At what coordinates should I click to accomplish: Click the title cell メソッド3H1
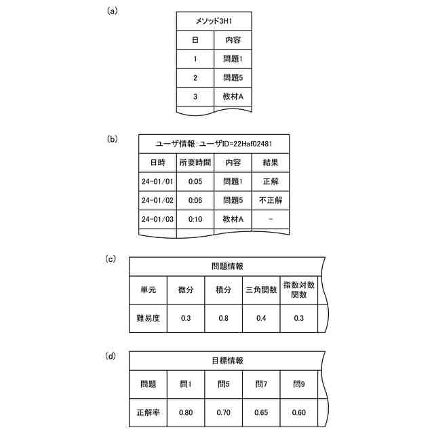click(214, 21)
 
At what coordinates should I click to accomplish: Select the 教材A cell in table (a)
click(233, 97)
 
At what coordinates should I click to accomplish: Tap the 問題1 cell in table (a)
click(233, 59)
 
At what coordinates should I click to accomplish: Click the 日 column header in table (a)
click(195, 40)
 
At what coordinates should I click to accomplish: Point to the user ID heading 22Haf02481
click(214, 144)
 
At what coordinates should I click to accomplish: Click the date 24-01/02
click(157, 201)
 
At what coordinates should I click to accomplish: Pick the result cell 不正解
click(271, 201)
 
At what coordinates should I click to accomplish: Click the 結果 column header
click(271, 163)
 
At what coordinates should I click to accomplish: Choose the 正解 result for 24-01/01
click(271, 182)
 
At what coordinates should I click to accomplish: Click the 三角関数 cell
click(261, 290)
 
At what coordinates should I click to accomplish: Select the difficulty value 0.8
click(223, 318)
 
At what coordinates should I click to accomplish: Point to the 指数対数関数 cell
click(299, 290)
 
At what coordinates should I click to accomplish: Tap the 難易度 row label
click(148, 318)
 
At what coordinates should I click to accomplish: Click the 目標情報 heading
click(223, 361)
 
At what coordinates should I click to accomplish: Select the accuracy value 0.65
click(261, 412)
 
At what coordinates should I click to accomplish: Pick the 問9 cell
click(299, 384)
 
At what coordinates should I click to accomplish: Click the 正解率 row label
click(148, 412)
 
